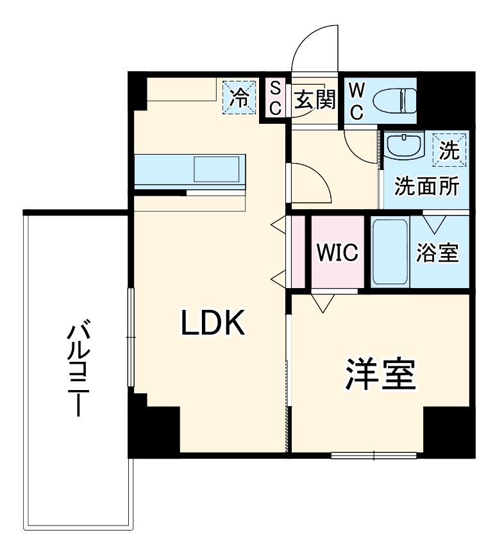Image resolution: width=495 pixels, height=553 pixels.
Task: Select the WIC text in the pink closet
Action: pyautogui.click(x=336, y=252)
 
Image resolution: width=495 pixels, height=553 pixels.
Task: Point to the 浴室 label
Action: pyautogui.click(x=437, y=253)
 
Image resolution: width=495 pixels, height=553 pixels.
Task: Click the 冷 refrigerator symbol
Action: pyautogui.click(x=239, y=98)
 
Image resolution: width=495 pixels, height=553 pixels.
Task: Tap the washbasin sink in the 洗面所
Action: pyautogui.click(x=403, y=146)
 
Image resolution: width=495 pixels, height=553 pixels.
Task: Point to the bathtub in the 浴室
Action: pyautogui.click(x=390, y=252)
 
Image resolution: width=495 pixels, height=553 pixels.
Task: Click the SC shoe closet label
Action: pyautogui.click(x=274, y=98)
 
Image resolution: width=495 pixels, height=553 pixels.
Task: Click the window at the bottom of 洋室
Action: pyautogui.click(x=374, y=457)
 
